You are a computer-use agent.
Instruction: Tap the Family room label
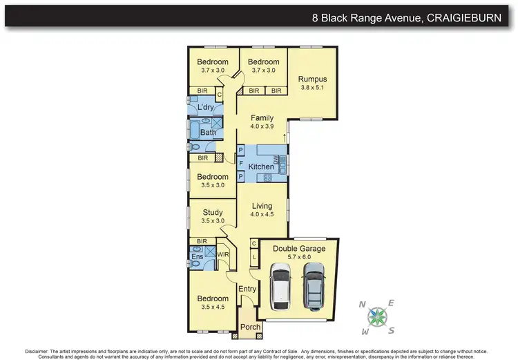click(x=262, y=117)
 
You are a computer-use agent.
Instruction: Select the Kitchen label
click(x=261, y=167)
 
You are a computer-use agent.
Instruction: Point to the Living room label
click(x=262, y=205)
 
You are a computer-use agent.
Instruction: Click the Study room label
click(x=212, y=212)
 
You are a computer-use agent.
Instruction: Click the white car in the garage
click(x=281, y=285)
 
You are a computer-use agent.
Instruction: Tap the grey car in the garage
click(x=313, y=285)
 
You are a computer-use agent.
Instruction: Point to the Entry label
click(x=247, y=289)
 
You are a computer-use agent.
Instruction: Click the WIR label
click(x=223, y=254)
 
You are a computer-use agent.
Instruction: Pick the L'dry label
click(x=204, y=108)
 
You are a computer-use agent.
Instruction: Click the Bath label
click(x=208, y=132)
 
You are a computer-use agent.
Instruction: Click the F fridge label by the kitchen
click(x=241, y=164)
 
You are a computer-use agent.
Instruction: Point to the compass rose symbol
click(x=377, y=315)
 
